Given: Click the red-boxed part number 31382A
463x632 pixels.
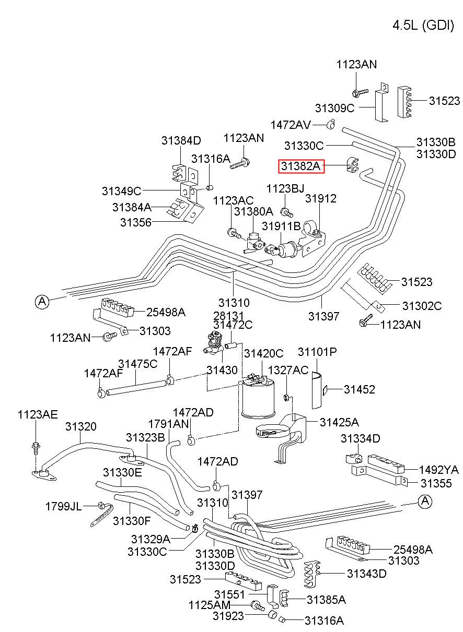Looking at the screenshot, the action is (x=301, y=166).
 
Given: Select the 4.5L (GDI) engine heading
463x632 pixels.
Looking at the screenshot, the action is (x=423, y=26).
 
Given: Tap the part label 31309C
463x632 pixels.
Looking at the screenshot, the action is (x=334, y=108).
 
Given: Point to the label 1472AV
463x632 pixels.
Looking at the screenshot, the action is (x=291, y=125).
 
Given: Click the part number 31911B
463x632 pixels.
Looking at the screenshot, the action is (x=281, y=226).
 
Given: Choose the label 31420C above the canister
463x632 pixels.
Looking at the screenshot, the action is (x=263, y=353).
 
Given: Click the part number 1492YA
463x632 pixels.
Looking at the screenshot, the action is (x=438, y=470).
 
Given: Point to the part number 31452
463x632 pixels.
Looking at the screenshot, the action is (x=360, y=389).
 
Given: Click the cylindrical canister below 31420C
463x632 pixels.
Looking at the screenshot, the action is (x=258, y=399).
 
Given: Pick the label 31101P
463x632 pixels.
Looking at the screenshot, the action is (x=317, y=352).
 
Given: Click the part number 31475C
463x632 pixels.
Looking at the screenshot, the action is (x=137, y=364).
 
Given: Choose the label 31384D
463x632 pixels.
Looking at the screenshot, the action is (x=181, y=140).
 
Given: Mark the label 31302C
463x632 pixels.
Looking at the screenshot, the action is (x=422, y=305).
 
